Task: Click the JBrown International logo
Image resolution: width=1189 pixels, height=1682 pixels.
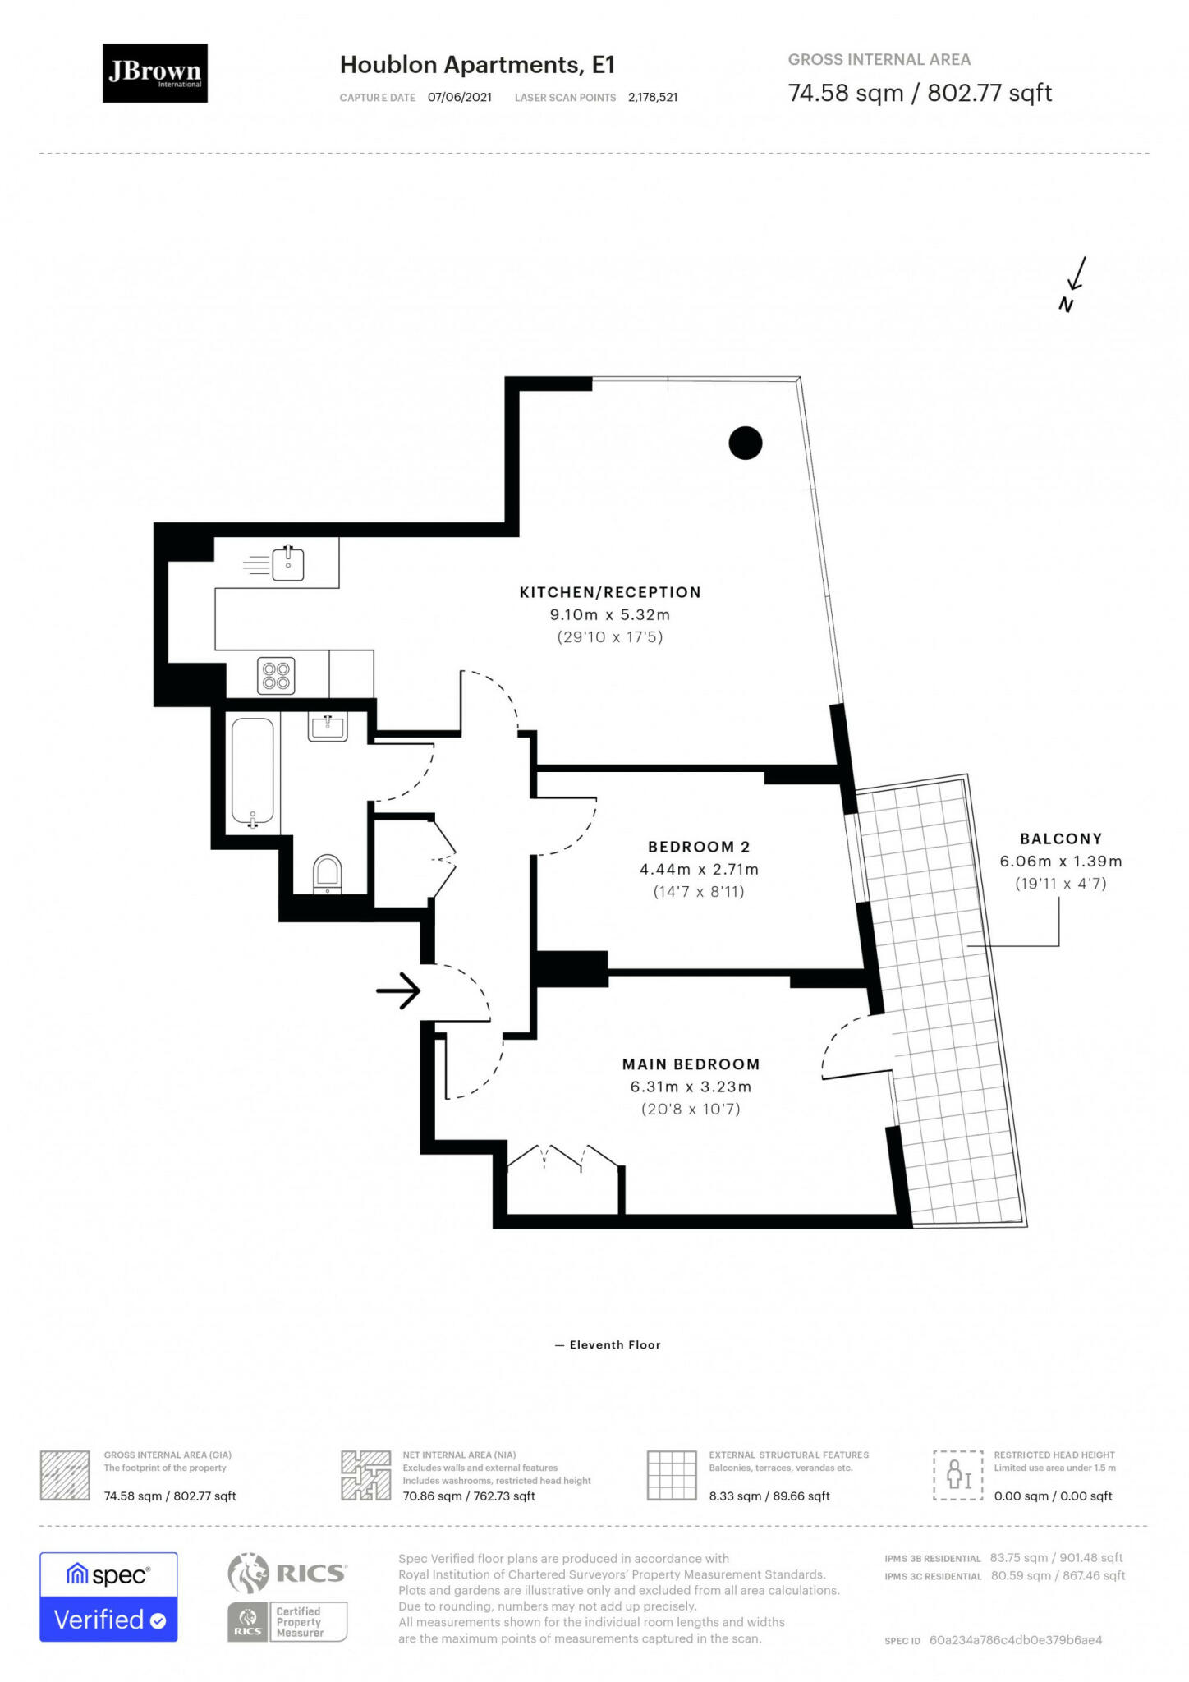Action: click(154, 73)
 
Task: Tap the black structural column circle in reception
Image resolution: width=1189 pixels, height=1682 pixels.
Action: click(745, 443)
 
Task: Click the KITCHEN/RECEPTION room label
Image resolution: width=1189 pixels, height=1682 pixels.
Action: click(609, 592)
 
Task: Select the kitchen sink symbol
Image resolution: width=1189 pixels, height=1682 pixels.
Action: click(287, 564)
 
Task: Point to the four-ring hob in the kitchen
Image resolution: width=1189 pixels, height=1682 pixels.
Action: click(276, 675)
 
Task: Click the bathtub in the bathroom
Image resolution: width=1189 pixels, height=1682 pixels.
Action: click(253, 772)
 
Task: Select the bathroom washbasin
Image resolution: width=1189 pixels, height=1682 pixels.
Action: click(328, 726)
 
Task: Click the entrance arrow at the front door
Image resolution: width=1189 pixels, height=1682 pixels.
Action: click(398, 990)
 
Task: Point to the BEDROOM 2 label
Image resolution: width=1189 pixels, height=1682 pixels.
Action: click(698, 847)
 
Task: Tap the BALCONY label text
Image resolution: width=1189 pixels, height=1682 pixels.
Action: click(1060, 839)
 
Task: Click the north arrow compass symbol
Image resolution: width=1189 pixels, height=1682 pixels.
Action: click(1073, 283)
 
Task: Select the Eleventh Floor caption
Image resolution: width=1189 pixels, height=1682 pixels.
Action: click(614, 1344)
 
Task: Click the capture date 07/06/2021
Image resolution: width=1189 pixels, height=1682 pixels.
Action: click(459, 97)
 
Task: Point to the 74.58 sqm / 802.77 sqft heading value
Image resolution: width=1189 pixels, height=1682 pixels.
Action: click(919, 93)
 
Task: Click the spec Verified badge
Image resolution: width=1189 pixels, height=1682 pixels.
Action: click(108, 1597)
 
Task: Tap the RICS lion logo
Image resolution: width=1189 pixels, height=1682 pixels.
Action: click(248, 1573)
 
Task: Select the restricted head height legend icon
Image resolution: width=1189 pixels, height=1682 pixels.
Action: click(957, 1475)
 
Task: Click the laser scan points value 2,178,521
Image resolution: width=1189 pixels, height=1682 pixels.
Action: click(652, 97)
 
